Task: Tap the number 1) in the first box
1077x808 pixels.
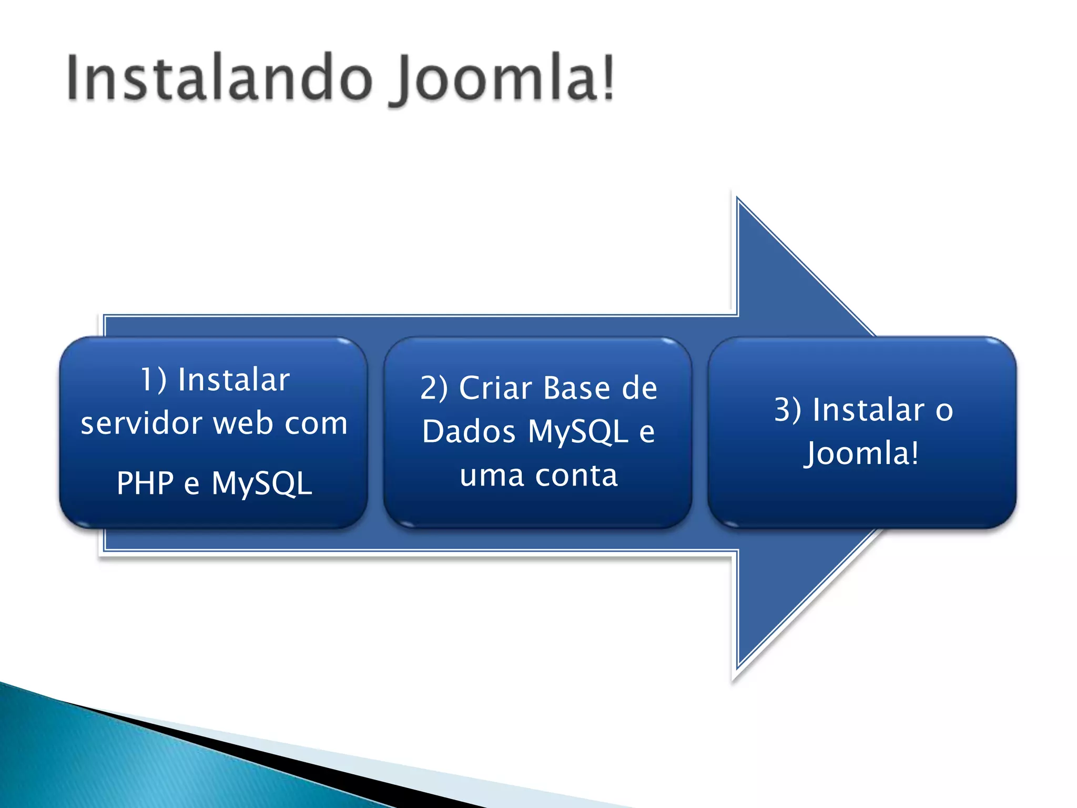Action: click(154, 379)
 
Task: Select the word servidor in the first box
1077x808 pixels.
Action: click(141, 423)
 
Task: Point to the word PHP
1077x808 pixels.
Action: click(145, 483)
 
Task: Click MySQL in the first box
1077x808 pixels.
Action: click(262, 483)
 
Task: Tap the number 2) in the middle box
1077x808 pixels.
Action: click(434, 388)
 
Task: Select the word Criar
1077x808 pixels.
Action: click(495, 388)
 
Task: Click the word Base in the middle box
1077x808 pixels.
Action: click(576, 388)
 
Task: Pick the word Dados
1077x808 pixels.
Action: click(469, 432)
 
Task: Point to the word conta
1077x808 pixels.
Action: click(576, 476)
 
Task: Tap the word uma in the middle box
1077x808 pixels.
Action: click(492, 476)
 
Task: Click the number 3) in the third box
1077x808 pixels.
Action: click(788, 410)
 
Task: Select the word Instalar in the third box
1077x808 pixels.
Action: click(868, 410)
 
